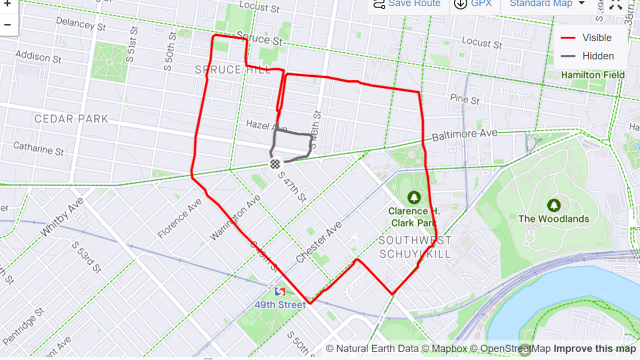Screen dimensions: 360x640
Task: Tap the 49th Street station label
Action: (x=281, y=305)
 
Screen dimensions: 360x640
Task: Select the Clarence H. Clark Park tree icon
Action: (x=414, y=198)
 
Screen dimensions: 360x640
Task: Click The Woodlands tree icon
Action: (x=554, y=205)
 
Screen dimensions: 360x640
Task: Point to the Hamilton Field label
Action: (x=593, y=75)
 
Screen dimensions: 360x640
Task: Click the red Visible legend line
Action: (x=569, y=38)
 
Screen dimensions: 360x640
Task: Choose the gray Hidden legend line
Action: (x=569, y=56)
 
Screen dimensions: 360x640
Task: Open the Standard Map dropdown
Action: (x=547, y=4)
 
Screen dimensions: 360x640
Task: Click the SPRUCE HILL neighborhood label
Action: (x=233, y=70)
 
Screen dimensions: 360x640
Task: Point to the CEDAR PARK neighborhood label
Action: (x=71, y=118)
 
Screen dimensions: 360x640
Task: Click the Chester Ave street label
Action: (x=319, y=242)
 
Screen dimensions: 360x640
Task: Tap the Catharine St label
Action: (x=38, y=148)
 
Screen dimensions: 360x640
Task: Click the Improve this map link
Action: (x=594, y=349)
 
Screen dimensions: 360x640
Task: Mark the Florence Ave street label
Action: (x=180, y=218)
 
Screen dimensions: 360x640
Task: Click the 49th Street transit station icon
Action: (x=280, y=292)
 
